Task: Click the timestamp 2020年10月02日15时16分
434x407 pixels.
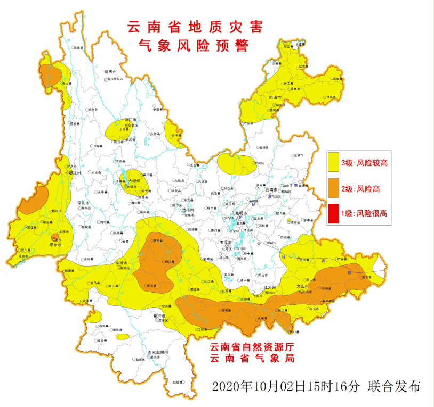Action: pyautogui.click(x=287, y=386)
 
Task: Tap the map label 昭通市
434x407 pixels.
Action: pyautogui.click(x=276, y=98)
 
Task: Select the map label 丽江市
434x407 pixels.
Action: pyautogui.click(x=131, y=120)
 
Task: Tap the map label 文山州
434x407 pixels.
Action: pyautogui.click(x=304, y=286)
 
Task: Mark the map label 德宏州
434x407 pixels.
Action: pyautogui.click(x=55, y=245)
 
